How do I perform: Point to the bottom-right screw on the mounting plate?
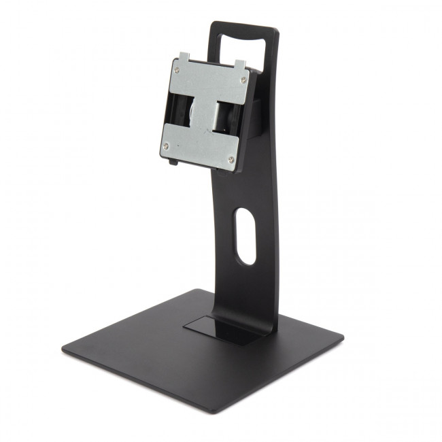point(231,159)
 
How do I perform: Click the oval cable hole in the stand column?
point(244,237)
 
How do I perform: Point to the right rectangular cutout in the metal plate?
point(224,116)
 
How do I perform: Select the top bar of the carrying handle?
point(245,29)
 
